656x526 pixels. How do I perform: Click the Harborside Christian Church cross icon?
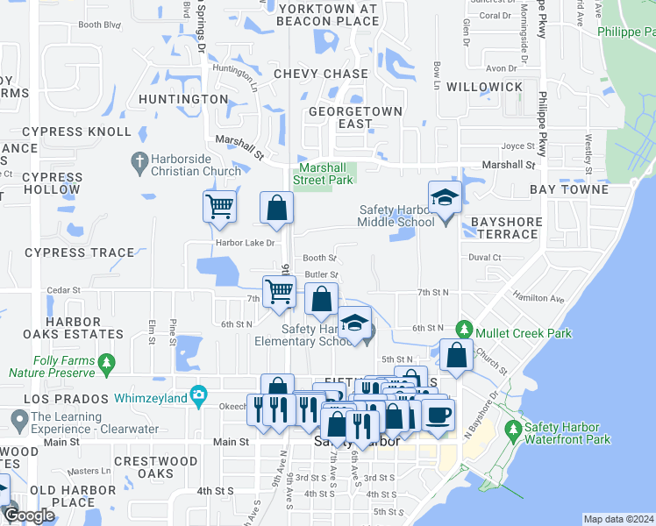coord(139,160)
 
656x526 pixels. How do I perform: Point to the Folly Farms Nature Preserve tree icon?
coord(107,361)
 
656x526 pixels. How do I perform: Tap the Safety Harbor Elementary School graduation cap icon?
coord(355,323)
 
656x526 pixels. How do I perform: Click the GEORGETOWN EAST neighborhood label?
coord(355,117)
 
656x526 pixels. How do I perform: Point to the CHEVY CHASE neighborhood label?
coord(320,75)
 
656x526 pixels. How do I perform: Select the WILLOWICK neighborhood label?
coord(484,88)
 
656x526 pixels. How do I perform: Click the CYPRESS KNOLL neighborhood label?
coord(76,132)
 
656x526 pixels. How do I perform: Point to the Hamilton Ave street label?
coord(538,298)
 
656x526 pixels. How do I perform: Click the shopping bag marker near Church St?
coord(456,355)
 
